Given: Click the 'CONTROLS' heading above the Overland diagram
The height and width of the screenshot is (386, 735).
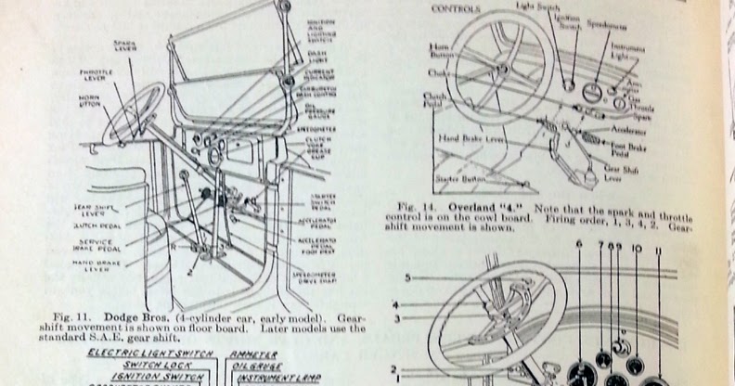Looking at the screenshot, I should coord(457,10).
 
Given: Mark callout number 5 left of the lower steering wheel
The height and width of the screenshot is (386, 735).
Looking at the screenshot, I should coord(406,277).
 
